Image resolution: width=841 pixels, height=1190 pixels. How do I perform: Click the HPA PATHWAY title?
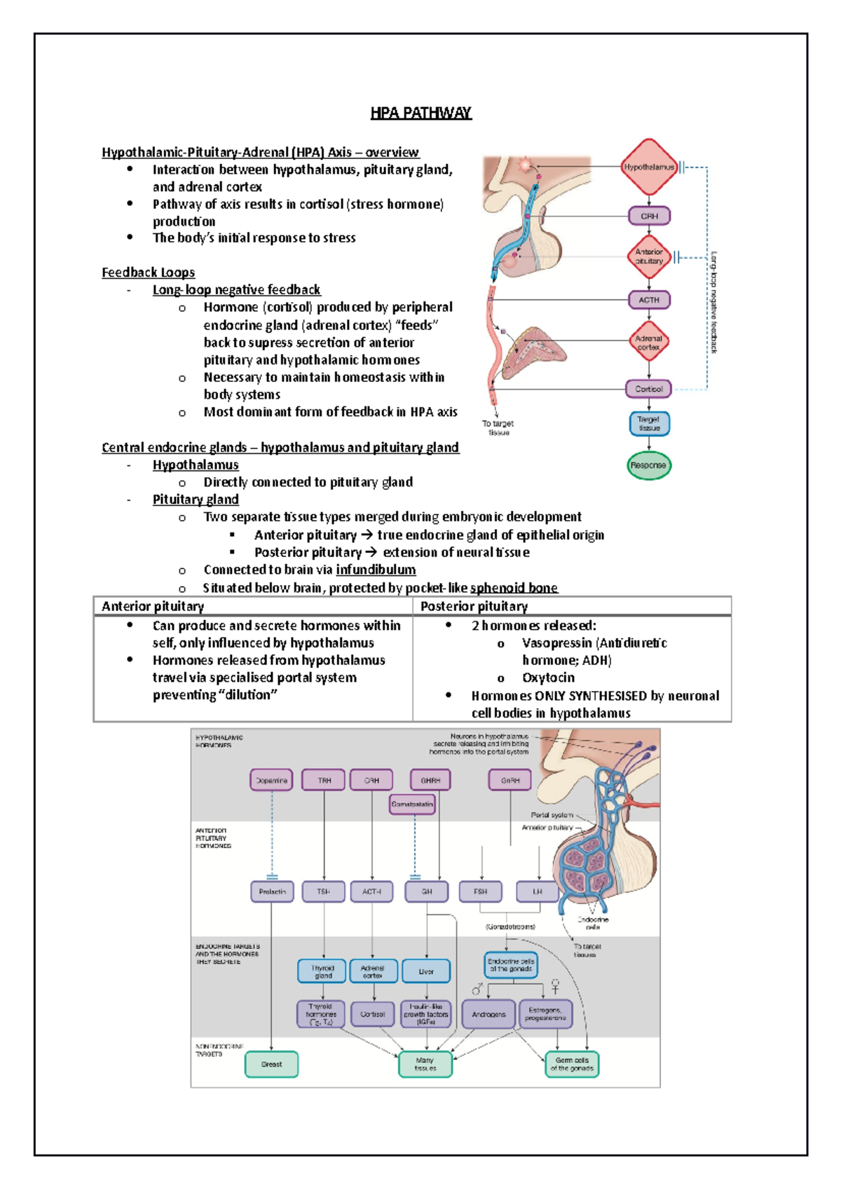click(420, 113)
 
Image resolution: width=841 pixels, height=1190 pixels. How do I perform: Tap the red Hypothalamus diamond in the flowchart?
click(649, 167)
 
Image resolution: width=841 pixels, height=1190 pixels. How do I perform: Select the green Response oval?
click(648, 465)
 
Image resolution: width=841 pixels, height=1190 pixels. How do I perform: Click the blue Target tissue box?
click(649, 423)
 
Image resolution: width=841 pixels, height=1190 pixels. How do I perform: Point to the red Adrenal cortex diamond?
click(649, 342)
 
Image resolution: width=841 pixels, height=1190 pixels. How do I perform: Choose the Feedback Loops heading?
click(148, 272)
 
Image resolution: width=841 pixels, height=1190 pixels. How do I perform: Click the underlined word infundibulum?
click(376, 570)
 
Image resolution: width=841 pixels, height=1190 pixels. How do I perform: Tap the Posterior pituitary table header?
click(474, 606)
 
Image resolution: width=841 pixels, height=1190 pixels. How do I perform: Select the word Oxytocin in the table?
click(548, 678)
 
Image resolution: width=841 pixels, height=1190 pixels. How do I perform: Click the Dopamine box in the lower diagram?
click(271, 780)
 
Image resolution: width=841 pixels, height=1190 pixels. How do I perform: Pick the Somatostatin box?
click(412, 805)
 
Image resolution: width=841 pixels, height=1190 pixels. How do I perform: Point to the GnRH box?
click(510, 780)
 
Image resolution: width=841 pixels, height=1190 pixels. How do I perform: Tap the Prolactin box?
click(272, 891)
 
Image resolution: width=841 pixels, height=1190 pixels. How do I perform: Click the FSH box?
click(480, 891)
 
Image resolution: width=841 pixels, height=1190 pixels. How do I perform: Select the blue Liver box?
click(426, 971)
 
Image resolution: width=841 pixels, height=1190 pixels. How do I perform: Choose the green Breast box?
click(271, 1064)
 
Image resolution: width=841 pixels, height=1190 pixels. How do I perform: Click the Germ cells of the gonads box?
click(572, 1065)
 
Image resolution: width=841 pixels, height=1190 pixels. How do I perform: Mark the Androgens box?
click(488, 1014)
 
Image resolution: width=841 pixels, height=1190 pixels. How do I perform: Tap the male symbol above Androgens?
click(477, 990)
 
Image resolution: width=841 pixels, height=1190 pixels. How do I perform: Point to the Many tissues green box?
click(425, 1065)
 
